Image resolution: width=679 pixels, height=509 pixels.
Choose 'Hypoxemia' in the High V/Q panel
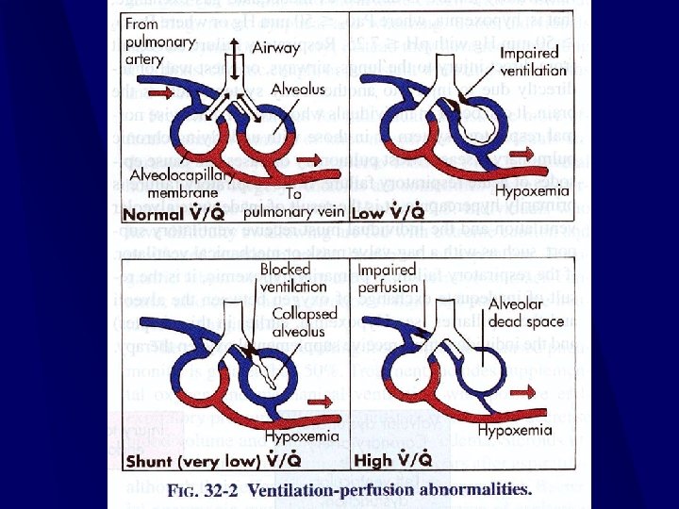point(515,430)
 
